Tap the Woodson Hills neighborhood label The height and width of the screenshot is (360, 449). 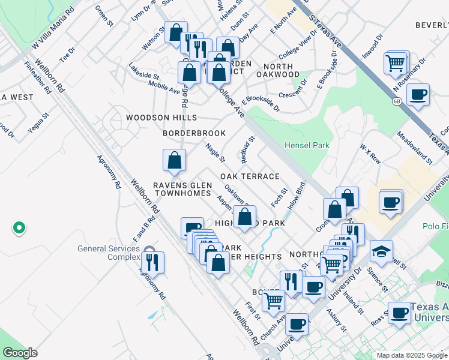pos(161,118)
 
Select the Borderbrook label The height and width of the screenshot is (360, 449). pos(194,133)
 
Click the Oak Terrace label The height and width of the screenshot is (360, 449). pos(250,176)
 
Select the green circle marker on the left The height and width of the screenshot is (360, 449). pos(19,227)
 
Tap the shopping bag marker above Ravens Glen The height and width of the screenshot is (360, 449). pos(174,160)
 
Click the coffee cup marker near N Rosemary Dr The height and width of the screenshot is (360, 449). pos(418,95)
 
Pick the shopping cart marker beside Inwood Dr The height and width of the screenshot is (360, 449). pos(396,62)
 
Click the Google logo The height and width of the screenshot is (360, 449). pos(20,353)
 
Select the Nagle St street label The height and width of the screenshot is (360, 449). pos(215,152)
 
